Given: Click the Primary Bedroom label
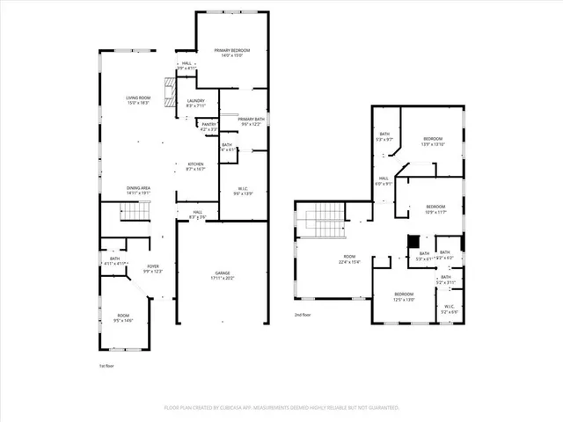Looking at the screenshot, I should [x=233, y=54].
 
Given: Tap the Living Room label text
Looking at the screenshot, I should [x=138, y=100].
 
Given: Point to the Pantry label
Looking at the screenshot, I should [x=208, y=127].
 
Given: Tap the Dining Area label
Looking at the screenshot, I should [x=138, y=189].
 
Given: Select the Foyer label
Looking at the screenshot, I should [x=153, y=269].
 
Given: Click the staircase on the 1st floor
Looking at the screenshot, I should [x=132, y=211].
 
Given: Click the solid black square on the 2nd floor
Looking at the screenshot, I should [x=412, y=240].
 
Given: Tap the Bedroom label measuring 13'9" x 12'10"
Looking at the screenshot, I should [x=434, y=142].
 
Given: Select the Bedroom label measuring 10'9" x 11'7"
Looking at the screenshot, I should [x=436, y=208].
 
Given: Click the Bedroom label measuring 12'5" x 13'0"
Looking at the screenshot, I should [x=404, y=296].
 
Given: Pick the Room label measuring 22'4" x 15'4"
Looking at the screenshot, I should [x=349, y=259].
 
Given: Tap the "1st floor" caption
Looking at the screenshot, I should [x=106, y=364].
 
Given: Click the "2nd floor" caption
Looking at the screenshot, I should [x=303, y=314].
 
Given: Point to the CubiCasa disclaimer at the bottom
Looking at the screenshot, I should [x=281, y=408].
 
